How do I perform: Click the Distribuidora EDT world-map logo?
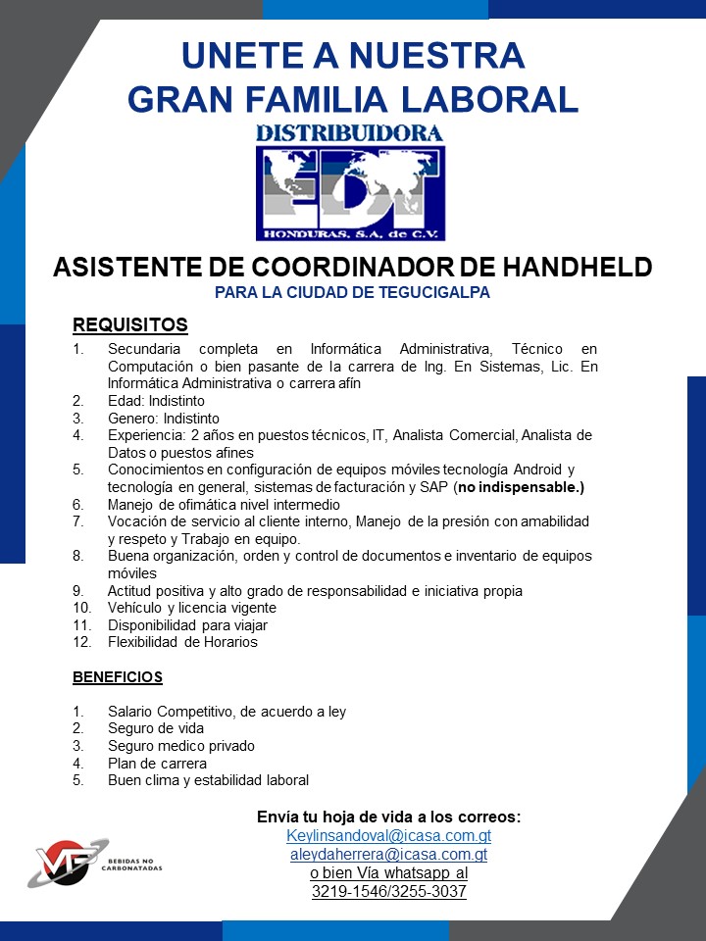350,192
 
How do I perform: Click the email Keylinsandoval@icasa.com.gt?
388,836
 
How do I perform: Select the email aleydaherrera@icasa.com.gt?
388,855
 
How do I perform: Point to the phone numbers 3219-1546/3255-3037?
388,892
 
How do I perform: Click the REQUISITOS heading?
129,325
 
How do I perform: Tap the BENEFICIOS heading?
118,677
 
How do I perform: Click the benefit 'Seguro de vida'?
156,728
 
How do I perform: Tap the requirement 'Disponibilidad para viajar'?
187,624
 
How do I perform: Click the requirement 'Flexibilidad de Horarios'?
182,642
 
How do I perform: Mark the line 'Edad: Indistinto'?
156,401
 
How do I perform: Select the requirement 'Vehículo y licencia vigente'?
192,608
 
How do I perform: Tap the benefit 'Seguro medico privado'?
181,746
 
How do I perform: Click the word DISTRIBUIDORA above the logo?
350,132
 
